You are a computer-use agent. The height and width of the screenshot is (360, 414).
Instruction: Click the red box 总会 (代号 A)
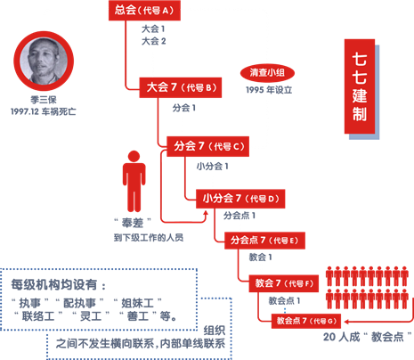144,11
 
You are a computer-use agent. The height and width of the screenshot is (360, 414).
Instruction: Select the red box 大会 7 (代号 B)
181,87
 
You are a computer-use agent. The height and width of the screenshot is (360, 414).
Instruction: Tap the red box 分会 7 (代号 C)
207,146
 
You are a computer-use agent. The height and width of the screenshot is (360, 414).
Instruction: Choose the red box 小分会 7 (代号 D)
240,199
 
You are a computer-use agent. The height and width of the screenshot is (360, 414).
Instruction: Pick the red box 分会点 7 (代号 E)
264,241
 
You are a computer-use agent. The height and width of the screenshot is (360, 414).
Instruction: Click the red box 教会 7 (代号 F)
284,283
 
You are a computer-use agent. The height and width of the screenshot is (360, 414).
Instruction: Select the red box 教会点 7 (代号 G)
306,321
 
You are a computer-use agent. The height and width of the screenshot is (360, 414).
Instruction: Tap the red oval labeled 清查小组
267,73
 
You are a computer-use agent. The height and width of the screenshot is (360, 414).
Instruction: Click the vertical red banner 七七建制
360,86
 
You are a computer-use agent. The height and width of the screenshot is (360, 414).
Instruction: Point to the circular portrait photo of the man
44,61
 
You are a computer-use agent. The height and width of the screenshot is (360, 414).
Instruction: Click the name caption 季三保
44,100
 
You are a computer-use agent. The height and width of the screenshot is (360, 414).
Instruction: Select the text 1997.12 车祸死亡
44,111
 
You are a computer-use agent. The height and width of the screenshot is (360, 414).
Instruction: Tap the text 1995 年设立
269,90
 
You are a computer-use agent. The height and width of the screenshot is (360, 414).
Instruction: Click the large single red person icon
134,181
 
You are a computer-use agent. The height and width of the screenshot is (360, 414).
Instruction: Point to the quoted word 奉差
133,223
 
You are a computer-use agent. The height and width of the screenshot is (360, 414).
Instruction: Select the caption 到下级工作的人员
149,238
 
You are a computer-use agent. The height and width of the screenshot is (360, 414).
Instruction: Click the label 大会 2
154,41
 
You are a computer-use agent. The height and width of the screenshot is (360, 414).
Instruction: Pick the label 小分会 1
212,167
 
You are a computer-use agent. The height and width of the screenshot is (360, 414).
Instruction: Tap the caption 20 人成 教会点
368,337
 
